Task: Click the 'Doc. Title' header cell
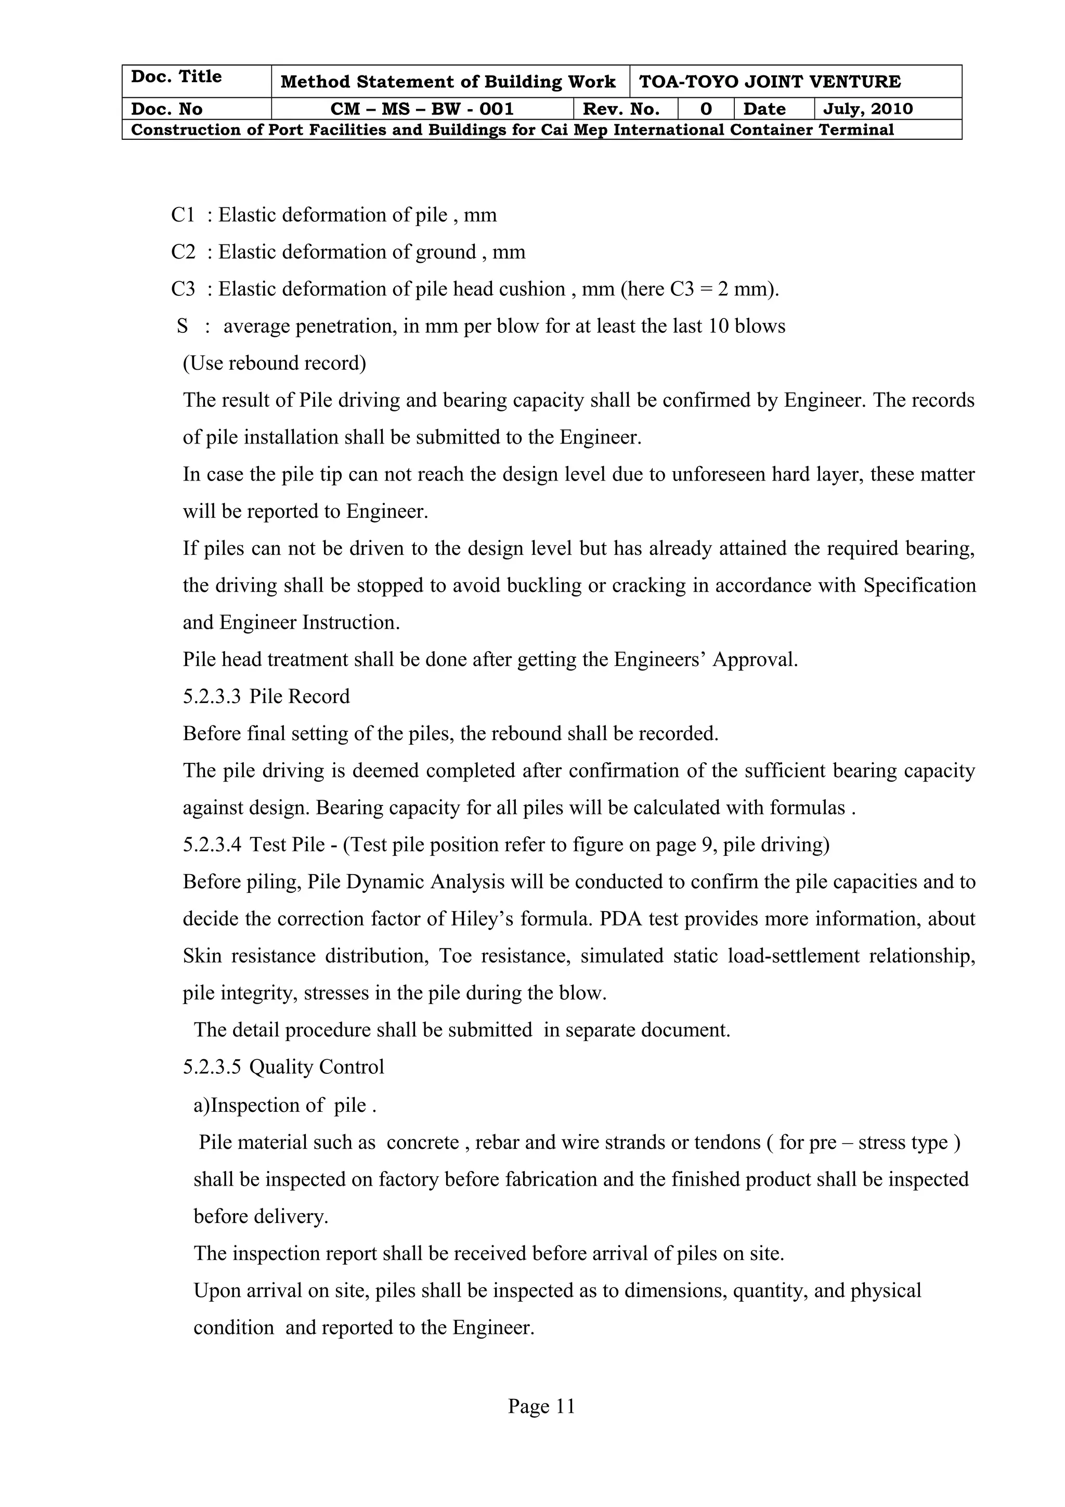pos(176,77)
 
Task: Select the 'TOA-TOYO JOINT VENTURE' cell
pos(769,82)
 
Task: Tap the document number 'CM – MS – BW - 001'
pos(422,109)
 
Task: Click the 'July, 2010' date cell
pos(867,109)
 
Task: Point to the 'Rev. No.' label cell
pos(621,109)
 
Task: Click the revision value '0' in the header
pos(706,109)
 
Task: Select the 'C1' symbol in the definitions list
pos(183,215)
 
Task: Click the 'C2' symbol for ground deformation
pos(183,252)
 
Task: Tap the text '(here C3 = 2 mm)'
pos(699,290)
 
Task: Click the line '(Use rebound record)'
pos(274,363)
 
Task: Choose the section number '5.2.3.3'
pos(212,696)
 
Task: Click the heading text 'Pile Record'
pos(300,696)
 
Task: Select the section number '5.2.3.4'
pos(212,844)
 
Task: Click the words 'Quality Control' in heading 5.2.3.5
pos(317,1067)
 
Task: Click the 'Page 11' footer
pos(541,1406)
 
